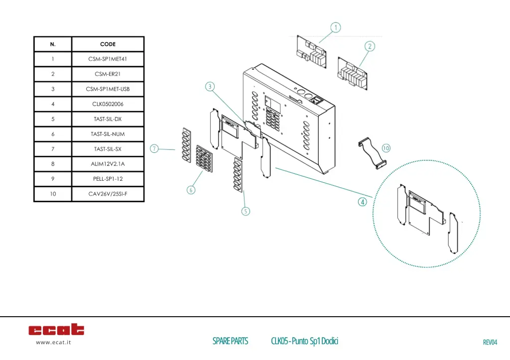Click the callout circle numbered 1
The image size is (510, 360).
336,27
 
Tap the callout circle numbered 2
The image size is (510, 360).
370,46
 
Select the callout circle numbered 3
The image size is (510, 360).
210,87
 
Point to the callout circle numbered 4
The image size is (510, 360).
363,202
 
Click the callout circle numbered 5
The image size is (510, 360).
246,212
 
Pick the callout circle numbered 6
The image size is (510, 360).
191,190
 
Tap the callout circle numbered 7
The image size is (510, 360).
154,149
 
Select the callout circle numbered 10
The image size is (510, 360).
386,148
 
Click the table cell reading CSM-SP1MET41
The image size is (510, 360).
108,59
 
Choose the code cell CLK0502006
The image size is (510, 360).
108,104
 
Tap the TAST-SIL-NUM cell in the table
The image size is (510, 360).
108,134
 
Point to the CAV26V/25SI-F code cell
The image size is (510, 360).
108,194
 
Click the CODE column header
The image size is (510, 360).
108,44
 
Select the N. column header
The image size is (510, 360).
53,44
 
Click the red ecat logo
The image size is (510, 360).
56,329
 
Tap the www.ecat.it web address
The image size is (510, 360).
53,342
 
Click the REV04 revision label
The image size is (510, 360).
490,342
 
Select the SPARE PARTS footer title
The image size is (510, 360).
230,341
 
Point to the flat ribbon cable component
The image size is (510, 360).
372,152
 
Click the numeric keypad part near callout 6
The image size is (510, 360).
204,159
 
